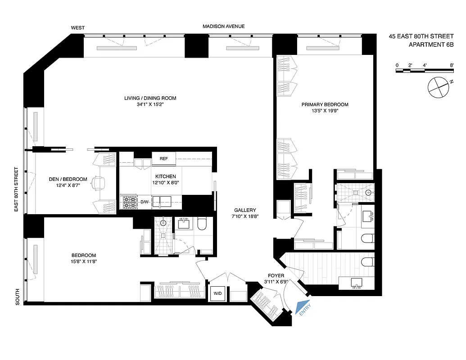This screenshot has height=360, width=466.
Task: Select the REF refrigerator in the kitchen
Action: click(x=163, y=158)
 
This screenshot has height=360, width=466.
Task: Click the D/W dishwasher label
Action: click(x=144, y=202)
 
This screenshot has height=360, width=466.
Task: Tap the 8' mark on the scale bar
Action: click(x=451, y=66)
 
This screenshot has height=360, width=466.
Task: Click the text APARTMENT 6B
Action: click(x=430, y=45)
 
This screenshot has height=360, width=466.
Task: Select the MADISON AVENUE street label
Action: click(x=223, y=27)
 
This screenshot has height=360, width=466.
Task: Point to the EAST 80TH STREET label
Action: click(x=16, y=189)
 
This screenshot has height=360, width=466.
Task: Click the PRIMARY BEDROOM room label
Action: click(x=325, y=104)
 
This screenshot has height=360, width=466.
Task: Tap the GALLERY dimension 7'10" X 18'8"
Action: click(x=245, y=216)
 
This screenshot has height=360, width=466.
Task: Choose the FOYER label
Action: click(x=276, y=275)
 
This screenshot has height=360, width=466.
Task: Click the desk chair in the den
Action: click(x=98, y=182)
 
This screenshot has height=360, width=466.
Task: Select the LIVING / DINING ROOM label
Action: click(x=150, y=98)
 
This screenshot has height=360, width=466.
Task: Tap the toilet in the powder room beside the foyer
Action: click(x=368, y=261)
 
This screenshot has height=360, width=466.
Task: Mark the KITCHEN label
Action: click(x=166, y=176)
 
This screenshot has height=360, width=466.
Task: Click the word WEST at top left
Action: click(x=77, y=28)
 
